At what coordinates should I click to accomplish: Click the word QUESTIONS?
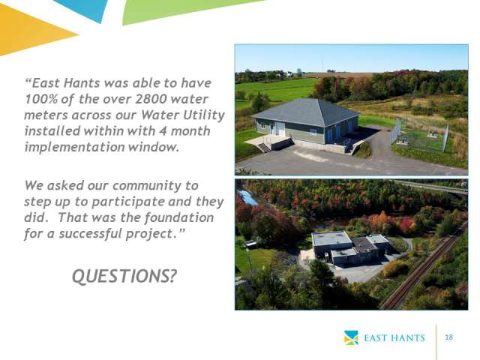coord(124,276)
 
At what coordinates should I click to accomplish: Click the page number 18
coord(448,337)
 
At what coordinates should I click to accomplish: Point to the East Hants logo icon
coord(351,337)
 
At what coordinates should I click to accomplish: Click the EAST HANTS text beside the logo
coord(394,338)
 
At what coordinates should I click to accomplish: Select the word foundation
coord(178,217)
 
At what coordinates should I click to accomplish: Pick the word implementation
coord(75,147)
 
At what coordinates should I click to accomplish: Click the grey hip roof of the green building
coord(307,112)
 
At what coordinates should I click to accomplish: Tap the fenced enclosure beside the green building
coord(420,136)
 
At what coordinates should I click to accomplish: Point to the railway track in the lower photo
coord(423,266)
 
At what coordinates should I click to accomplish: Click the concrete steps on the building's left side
coord(264,148)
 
